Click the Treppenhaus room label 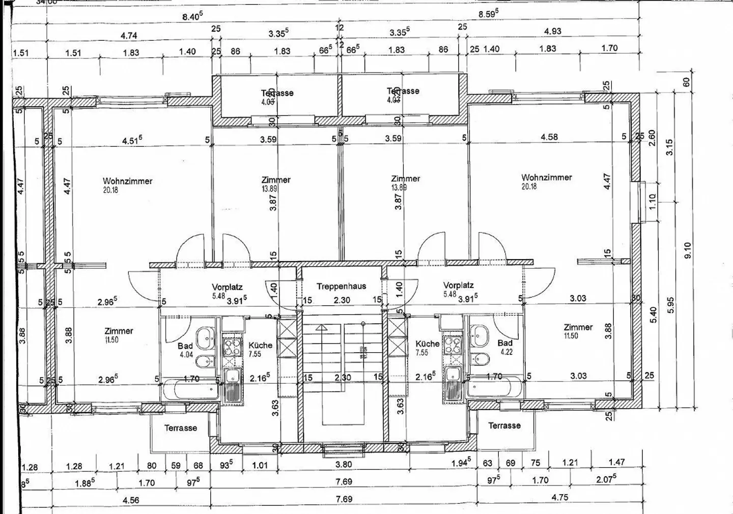coord(341,286)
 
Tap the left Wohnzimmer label coord(127,181)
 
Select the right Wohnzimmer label coord(546,178)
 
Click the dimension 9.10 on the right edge coord(687,250)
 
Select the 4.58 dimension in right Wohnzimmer coord(549,137)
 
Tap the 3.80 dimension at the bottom coord(344,464)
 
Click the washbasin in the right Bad coord(480,335)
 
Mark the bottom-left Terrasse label coord(180,428)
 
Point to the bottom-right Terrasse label coord(504,425)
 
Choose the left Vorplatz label coord(227,287)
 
